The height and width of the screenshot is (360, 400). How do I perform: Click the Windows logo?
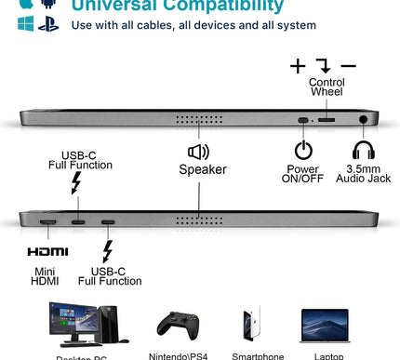(x=25, y=23)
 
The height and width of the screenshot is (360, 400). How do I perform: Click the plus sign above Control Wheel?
(x=297, y=66)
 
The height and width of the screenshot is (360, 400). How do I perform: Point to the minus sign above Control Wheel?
(x=349, y=66)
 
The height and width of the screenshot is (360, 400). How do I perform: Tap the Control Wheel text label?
(x=326, y=88)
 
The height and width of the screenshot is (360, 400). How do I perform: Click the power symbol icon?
(x=303, y=150)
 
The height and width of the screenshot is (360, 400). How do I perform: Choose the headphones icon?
(x=362, y=150)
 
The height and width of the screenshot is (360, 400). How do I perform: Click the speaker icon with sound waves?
(x=198, y=152)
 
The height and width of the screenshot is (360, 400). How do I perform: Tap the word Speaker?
(x=203, y=169)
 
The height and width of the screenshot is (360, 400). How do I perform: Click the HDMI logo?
(x=47, y=252)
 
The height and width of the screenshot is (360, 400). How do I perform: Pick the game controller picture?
(x=177, y=327)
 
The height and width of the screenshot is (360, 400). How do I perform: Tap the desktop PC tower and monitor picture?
(x=79, y=326)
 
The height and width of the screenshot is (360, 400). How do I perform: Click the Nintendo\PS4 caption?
(x=177, y=354)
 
